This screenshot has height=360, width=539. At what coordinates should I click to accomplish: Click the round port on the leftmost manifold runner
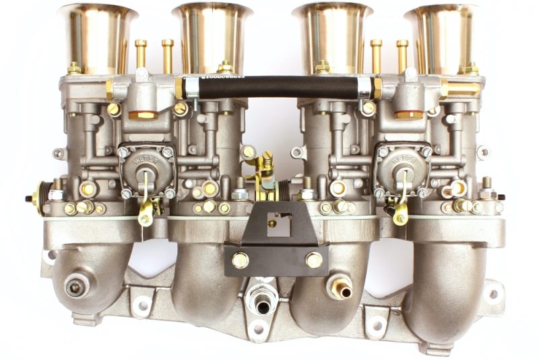[x=76, y=285]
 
